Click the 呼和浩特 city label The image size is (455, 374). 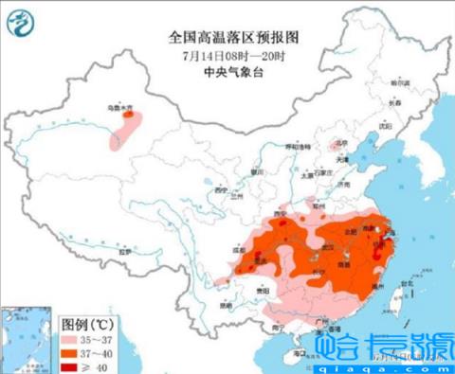click(296, 149)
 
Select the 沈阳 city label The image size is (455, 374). click(384, 124)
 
